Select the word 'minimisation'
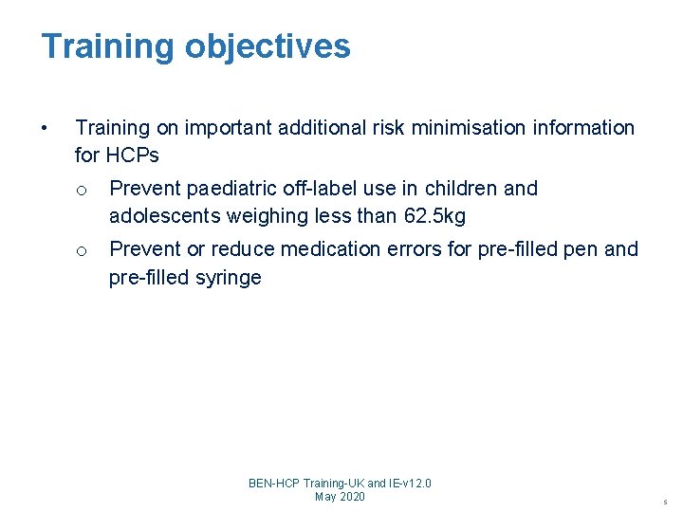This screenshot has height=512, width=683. pyautogui.click(x=456, y=127)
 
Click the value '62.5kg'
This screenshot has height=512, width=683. pyautogui.click(x=434, y=216)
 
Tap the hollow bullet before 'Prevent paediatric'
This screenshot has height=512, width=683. pyautogui.click(x=82, y=190)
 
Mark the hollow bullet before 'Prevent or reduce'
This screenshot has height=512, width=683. pyautogui.click(x=82, y=250)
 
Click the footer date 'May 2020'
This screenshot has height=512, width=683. pyautogui.click(x=340, y=497)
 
